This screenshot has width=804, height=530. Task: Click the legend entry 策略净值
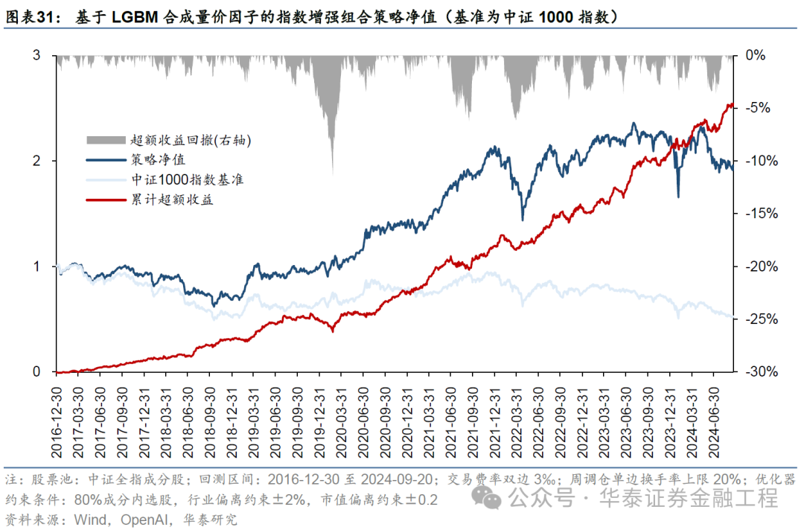click(x=158, y=159)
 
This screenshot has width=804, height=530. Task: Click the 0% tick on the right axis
click(x=755, y=55)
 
